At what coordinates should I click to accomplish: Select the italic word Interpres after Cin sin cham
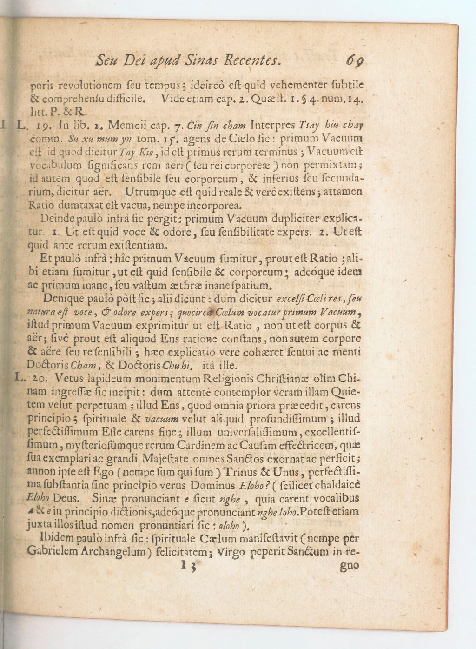click(272, 126)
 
